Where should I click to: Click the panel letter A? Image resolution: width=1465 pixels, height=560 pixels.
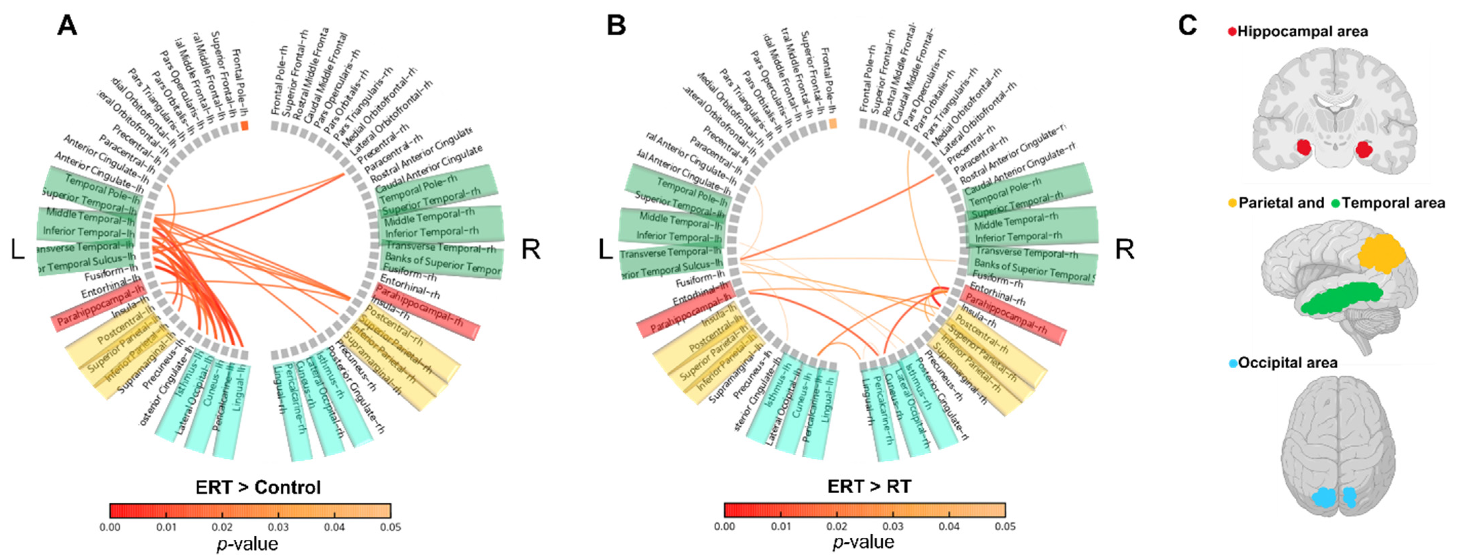coord(67,26)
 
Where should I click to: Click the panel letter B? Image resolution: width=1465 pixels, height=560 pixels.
coord(616,26)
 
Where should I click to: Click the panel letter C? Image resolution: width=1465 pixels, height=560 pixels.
coord(1187,26)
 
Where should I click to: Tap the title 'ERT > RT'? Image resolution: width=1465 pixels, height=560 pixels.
coord(869,487)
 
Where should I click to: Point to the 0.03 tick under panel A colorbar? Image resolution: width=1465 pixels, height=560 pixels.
coord(278,527)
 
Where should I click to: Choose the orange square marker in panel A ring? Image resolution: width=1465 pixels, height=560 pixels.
coord(245,125)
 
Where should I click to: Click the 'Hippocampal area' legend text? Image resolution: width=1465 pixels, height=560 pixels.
coord(1302,31)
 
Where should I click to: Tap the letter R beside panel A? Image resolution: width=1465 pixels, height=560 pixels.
coord(531,249)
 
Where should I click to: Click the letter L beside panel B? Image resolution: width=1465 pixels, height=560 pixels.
coord(605,249)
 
